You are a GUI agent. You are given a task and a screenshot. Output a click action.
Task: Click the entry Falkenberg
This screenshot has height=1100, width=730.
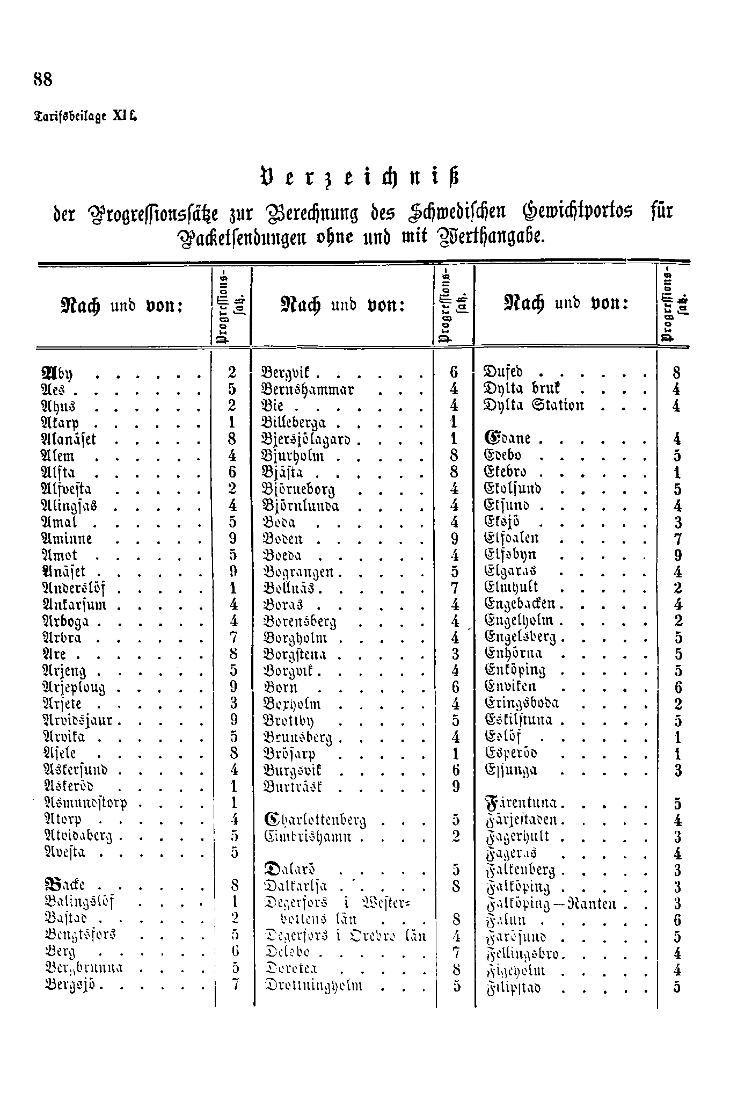coord(519,870)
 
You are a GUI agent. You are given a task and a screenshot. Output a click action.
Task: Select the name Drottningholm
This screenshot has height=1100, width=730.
coord(315,986)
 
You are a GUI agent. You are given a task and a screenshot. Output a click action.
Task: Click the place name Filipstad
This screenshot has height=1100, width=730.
coord(512,987)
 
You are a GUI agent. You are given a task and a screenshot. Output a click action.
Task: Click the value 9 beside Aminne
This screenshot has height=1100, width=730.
coord(232,539)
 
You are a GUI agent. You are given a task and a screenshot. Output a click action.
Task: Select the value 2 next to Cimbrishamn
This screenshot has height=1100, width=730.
coord(455,836)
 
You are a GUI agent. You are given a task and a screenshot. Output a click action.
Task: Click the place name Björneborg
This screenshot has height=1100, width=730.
coord(299,490)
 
